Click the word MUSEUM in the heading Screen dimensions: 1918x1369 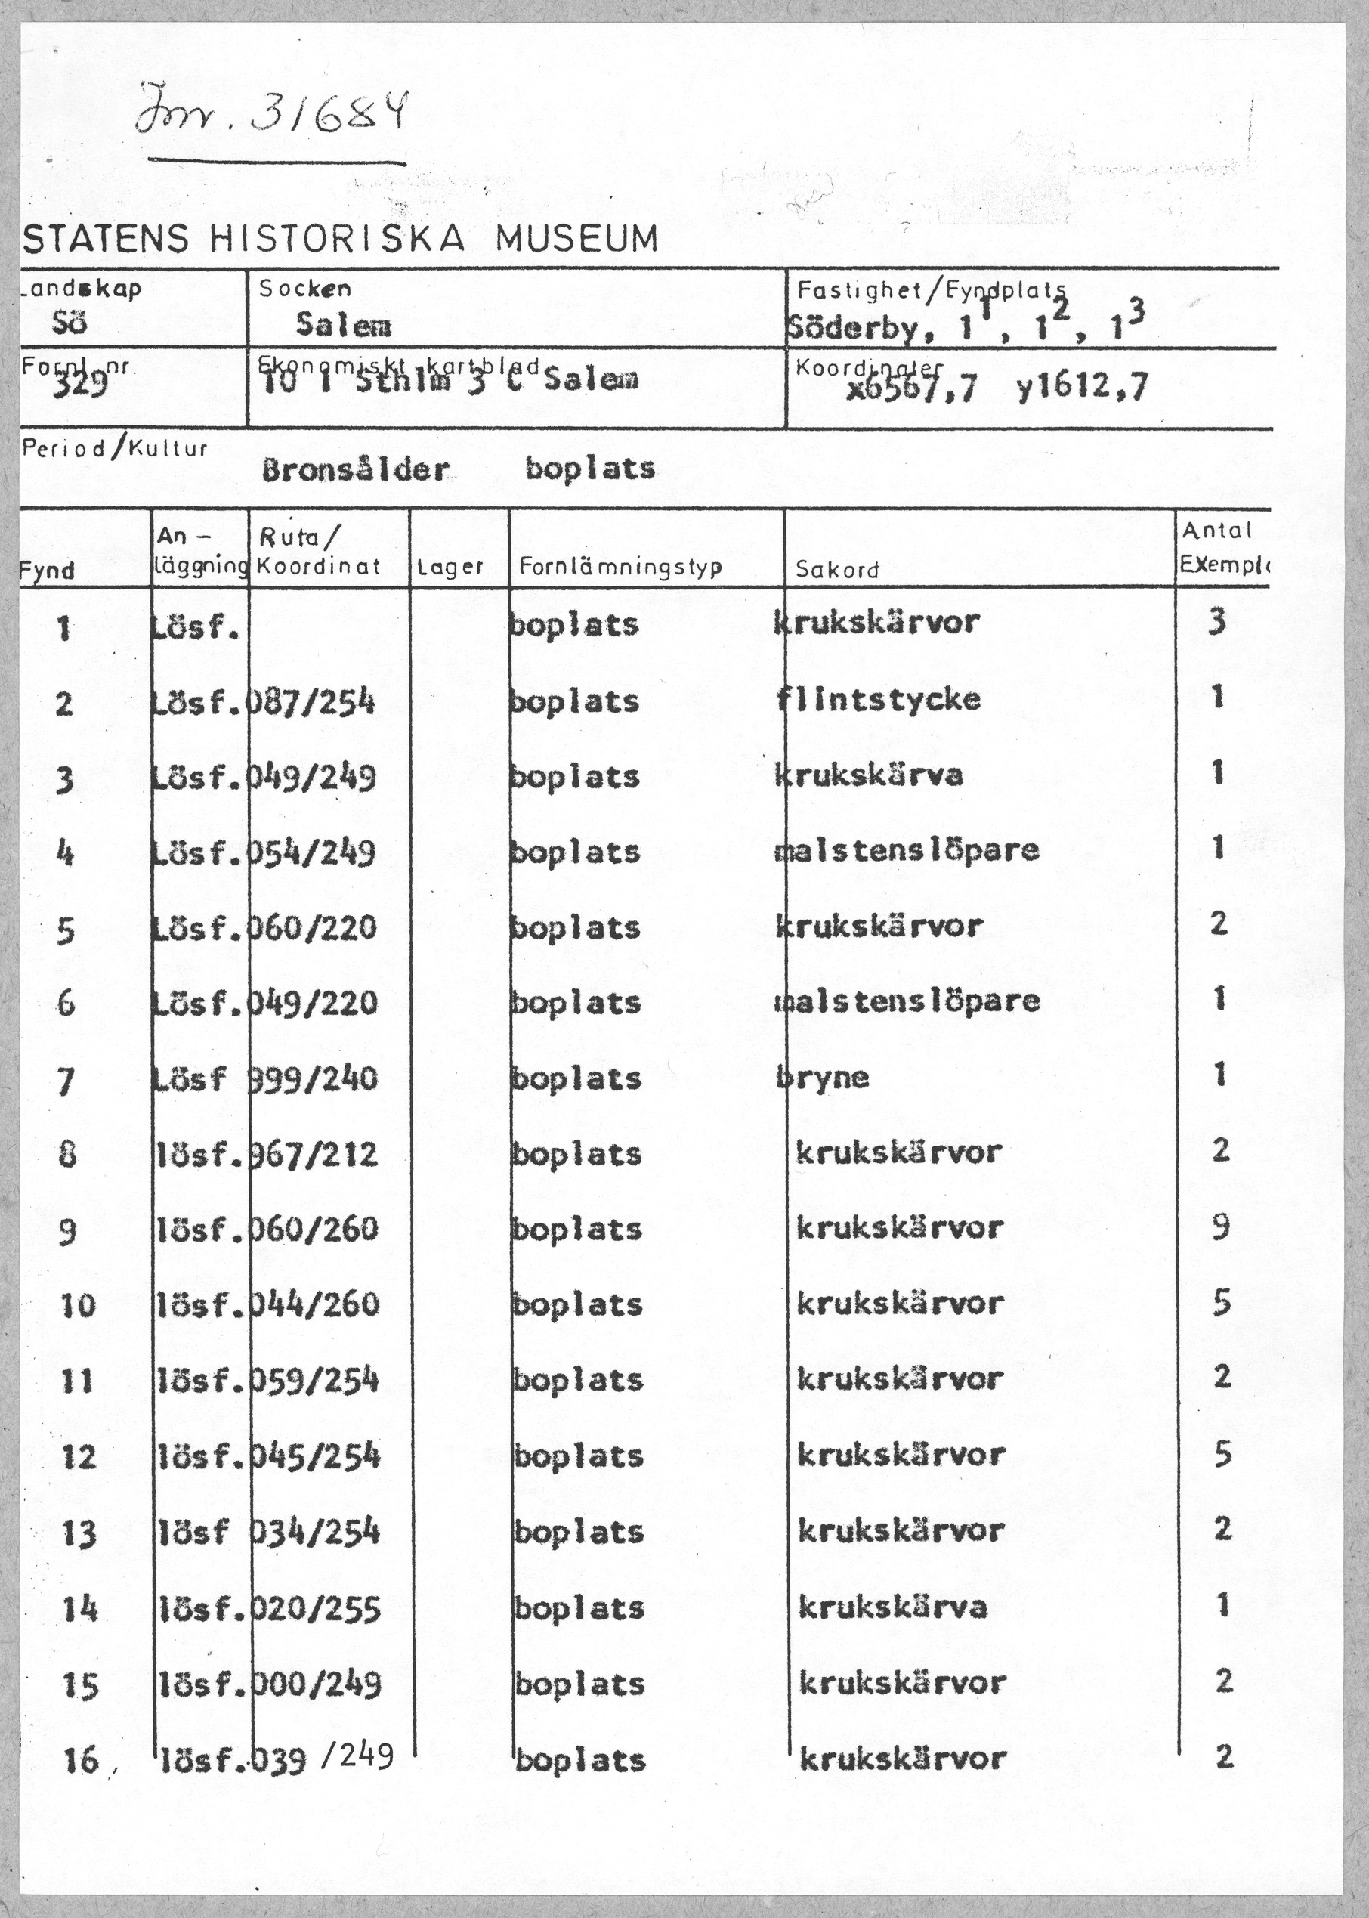(x=576, y=240)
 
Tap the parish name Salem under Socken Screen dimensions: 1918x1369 (x=343, y=326)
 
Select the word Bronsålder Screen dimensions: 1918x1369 (x=355, y=469)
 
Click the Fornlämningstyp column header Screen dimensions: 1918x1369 (x=620, y=567)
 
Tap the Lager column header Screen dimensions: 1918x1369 (x=450, y=568)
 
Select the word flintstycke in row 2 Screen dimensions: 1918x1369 (x=879, y=699)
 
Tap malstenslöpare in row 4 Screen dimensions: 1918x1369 (x=906, y=850)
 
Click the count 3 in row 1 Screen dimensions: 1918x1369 (x=1216, y=622)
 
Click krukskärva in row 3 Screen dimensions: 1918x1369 (x=868, y=775)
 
